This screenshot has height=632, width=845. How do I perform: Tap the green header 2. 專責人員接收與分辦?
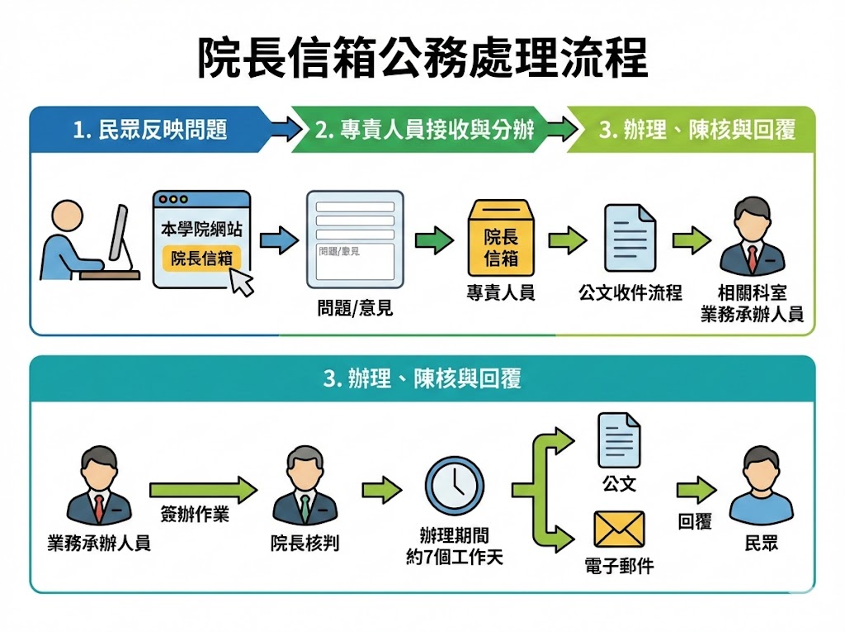(x=425, y=130)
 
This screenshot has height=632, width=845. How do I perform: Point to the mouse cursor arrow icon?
(x=241, y=281)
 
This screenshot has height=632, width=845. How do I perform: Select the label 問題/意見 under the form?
(x=355, y=309)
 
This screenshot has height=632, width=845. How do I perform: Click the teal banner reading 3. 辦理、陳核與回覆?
(x=422, y=379)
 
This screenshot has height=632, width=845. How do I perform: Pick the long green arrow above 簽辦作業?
(x=203, y=491)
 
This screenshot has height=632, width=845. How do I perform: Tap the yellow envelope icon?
(x=619, y=530)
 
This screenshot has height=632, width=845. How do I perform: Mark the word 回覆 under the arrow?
(x=695, y=522)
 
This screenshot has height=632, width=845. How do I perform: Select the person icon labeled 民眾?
(x=761, y=487)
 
